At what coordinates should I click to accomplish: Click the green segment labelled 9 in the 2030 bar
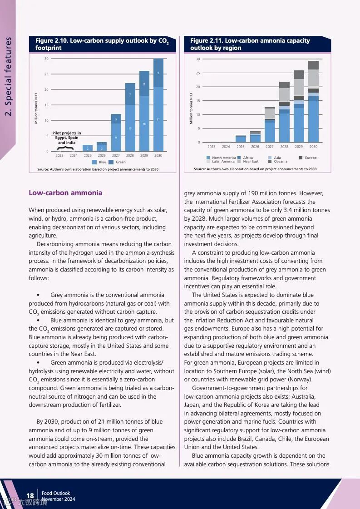[x=158, y=73]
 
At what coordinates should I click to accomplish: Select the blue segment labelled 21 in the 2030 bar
[x=158, y=119]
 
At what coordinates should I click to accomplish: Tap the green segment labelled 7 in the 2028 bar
[x=130, y=94]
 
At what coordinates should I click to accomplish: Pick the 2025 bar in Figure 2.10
[x=88, y=148]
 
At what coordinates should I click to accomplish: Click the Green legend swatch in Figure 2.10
[x=111, y=162]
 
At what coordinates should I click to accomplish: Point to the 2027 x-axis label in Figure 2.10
[x=116, y=156]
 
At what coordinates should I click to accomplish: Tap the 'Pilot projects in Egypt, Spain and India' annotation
[x=67, y=138]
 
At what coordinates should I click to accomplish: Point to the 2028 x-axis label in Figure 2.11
[x=284, y=147]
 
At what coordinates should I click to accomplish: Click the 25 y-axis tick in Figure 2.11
[x=197, y=73]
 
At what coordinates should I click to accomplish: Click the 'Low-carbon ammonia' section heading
[x=65, y=193]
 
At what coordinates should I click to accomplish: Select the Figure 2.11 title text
[x=250, y=44]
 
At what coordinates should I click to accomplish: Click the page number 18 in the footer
[x=30, y=495]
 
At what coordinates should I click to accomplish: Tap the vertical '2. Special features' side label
[x=9, y=76]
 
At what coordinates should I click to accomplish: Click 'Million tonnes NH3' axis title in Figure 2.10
[x=36, y=108]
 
